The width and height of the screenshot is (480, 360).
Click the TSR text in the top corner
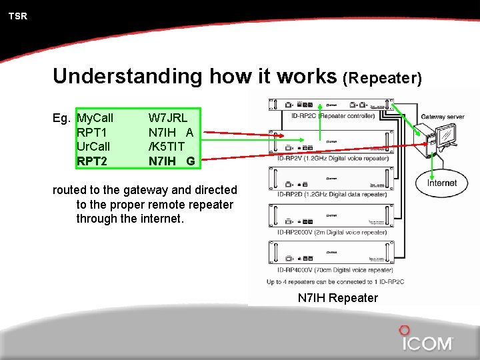18,16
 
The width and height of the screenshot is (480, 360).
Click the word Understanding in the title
127,76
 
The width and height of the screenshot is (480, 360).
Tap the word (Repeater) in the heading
382,78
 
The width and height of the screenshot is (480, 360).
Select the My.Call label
95,118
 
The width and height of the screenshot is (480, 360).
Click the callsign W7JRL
167,118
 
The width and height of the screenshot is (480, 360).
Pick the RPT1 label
92,132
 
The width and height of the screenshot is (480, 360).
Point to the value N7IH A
171,132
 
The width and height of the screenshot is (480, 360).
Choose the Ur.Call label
93,146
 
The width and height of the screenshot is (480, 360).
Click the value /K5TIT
167,146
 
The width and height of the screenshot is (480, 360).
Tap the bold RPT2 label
92,161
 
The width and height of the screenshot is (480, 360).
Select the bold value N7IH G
171,161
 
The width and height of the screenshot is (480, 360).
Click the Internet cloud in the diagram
442,183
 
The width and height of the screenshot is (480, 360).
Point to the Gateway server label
443,117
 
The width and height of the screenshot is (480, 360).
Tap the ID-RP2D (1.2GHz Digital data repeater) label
331,194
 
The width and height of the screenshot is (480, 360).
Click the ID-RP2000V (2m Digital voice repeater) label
331,232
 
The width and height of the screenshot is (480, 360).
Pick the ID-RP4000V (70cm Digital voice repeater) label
335,270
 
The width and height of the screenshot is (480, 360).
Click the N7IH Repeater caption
337,298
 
